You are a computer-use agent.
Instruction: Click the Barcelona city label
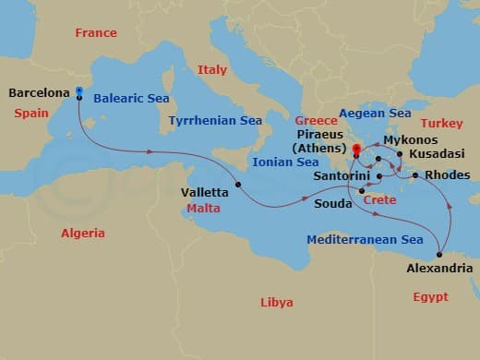(x=40, y=93)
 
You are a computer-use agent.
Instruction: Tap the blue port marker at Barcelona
(x=79, y=92)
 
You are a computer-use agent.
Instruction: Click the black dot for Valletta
(x=238, y=185)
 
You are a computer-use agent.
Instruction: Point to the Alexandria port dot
(x=440, y=255)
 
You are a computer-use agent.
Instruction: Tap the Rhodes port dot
(x=415, y=175)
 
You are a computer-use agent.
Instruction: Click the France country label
(x=96, y=33)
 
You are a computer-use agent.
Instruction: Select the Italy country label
(x=211, y=70)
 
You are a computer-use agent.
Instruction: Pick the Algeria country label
(x=83, y=234)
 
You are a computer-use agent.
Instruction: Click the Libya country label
(x=277, y=303)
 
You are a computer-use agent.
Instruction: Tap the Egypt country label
(x=430, y=297)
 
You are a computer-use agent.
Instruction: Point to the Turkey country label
(x=441, y=123)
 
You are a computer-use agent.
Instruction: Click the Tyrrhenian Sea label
(x=216, y=121)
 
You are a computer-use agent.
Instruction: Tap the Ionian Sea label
(x=286, y=162)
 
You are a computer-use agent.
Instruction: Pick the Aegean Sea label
(x=375, y=114)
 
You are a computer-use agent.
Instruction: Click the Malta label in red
(x=204, y=209)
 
